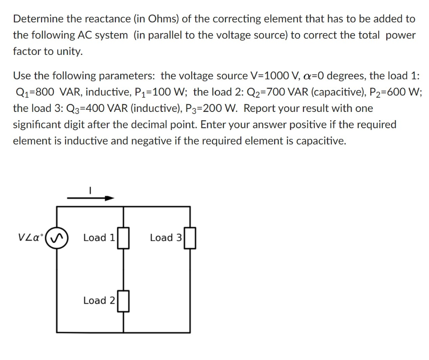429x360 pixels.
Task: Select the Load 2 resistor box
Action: point(123,301)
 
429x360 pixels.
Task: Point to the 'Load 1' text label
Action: point(99,238)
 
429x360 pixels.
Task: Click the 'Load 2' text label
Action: point(99,300)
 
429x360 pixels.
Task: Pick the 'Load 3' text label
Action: point(166,238)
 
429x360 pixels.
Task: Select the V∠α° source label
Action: point(31,238)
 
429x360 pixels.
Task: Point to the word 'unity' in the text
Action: point(70,52)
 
